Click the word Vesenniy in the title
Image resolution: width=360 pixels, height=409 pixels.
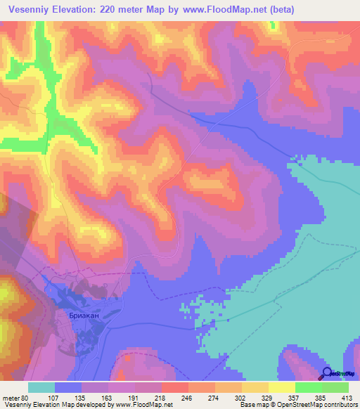pyautogui.click(x=34, y=9)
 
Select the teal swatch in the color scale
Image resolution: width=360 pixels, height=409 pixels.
pyautogui.click(x=41, y=387)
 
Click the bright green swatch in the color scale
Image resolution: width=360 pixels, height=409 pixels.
pyautogui.click(x=309, y=387)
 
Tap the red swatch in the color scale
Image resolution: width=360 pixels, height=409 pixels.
pyautogui.click(x=175, y=387)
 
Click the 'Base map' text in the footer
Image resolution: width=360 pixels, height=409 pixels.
pyautogui.click(x=252, y=404)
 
